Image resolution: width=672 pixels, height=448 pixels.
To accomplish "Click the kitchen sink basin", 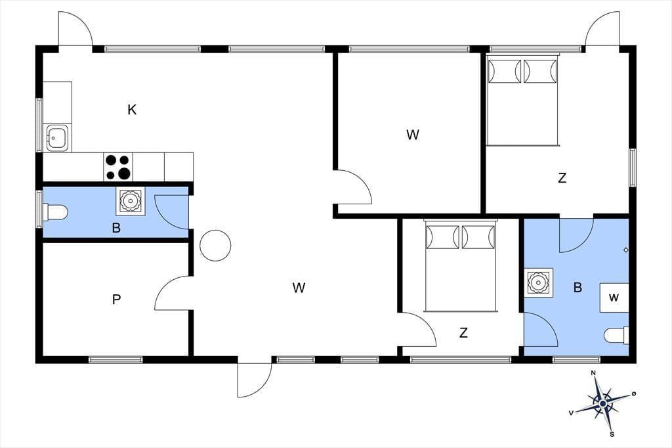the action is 58,138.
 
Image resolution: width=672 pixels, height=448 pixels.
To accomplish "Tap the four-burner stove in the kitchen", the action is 118,167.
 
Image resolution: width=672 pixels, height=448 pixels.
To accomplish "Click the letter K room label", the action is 132,110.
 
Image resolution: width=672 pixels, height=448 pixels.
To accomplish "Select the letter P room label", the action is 116,299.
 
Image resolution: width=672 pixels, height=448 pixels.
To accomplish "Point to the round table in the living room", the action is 215,246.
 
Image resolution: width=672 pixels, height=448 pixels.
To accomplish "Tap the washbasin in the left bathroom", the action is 130,201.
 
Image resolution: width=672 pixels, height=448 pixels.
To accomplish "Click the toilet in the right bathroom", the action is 616,336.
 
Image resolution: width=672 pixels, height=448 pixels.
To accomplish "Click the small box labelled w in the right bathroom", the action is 614,298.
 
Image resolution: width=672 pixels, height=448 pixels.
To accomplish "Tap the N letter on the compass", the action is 593,373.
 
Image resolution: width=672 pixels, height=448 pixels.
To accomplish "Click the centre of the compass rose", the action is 603,404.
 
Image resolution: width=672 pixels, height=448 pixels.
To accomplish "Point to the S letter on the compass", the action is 612,434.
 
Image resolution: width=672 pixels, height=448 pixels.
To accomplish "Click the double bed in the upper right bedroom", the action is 523,101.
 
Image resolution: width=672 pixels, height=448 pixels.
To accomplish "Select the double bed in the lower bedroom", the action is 461,265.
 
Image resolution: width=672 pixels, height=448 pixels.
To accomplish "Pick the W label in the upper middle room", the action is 412,135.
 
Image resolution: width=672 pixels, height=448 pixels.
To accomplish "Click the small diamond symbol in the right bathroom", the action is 625,250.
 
